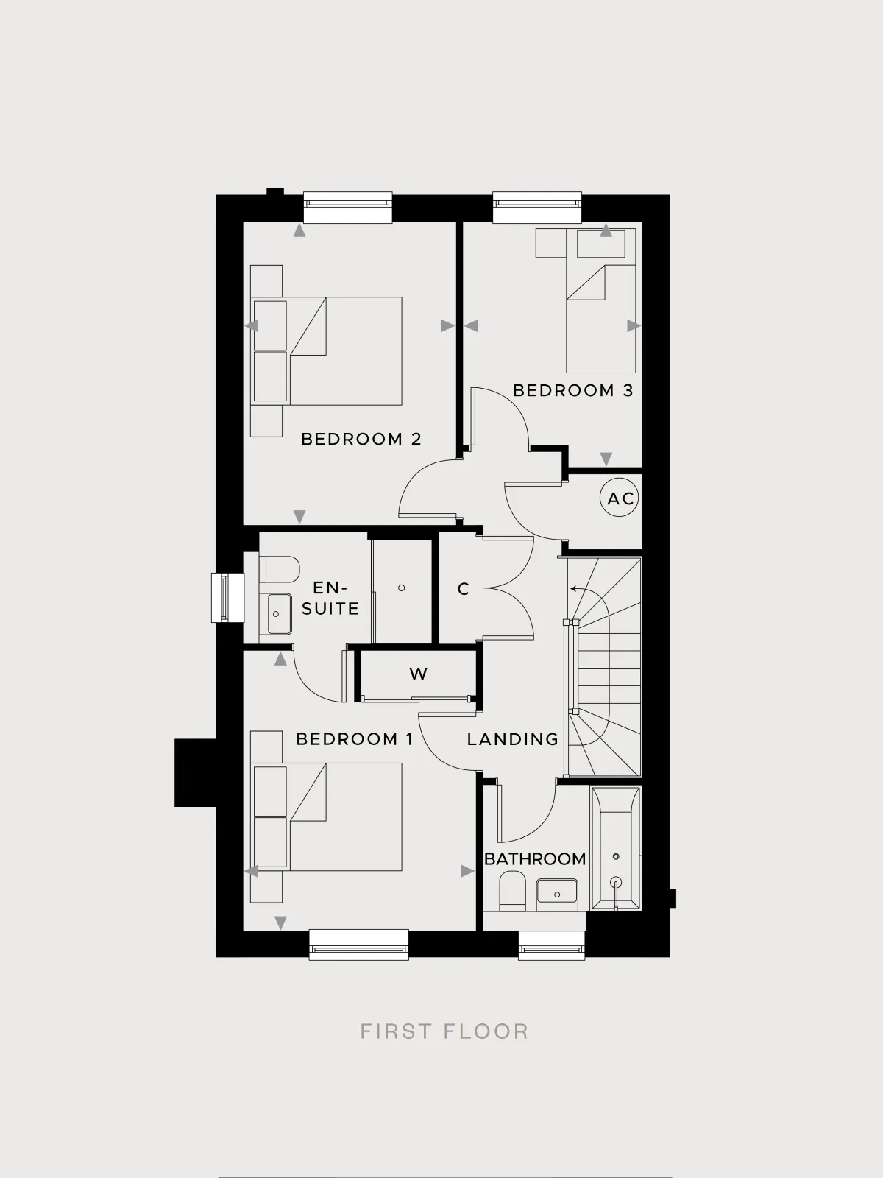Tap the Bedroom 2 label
click(x=361, y=439)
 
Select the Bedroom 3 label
click(x=573, y=390)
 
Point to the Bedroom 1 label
click(x=355, y=739)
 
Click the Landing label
click(x=513, y=739)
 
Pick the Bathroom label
click(x=534, y=858)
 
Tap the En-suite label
click(x=330, y=598)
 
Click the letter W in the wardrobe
click(x=418, y=674)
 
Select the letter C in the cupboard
click(x=464, y=589)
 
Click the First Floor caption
click(x=444, y=1031)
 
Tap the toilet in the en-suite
click(x=279, y=569)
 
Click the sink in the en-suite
click(x=279, y=613)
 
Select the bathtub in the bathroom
click(x=615, y=848)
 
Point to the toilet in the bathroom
click(x=512, y=892)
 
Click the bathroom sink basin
click(x=557, y=891)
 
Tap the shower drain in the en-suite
click(x=402, y=588)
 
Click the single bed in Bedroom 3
click(x=601, y=300)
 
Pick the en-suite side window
click(x=227, y=598)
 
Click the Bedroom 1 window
click(x=358, y=951)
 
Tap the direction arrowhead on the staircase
click(x=572, y=589)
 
